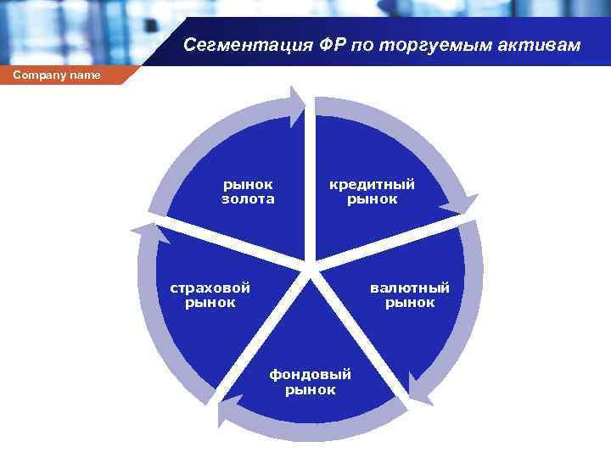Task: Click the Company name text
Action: point(57,75)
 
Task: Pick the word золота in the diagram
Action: point(248,199)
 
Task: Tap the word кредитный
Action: point(373,184)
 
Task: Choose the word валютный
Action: point(410,288)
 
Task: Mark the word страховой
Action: point(210,287)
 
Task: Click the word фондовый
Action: point(310,374)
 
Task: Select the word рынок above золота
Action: point(248,184)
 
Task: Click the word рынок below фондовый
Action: point(310,390)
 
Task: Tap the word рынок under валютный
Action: point(410,303)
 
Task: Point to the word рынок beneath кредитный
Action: point(373,199)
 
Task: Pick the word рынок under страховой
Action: point(210,302)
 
